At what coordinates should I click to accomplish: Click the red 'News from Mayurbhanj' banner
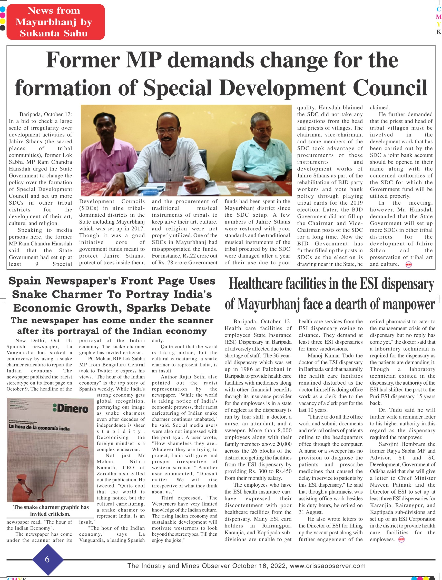tap(55, 22)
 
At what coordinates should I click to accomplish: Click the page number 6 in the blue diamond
tap(47, 559)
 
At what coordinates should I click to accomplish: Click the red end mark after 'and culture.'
tap(409, 265)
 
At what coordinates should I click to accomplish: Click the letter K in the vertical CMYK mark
tap(438, 32)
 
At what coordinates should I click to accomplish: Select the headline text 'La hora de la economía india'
tap(39, 428)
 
